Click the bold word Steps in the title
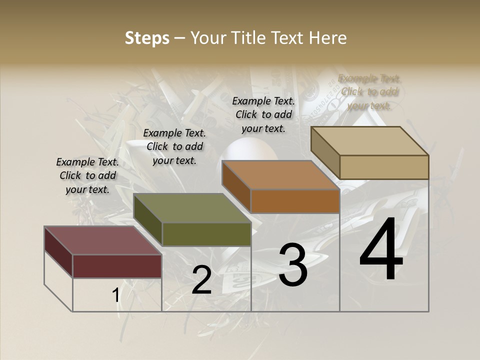point(147,38)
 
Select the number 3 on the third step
point(293,265)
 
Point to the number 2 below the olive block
point(201,280)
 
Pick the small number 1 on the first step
point(115,295)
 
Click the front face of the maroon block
point(117,266)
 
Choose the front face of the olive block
point(206,234)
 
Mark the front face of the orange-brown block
point(295,201)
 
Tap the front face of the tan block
point(384,167)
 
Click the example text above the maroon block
point(87,175)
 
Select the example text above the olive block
point(174,146)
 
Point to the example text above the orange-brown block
point(263,114)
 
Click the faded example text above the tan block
point(369,92)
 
